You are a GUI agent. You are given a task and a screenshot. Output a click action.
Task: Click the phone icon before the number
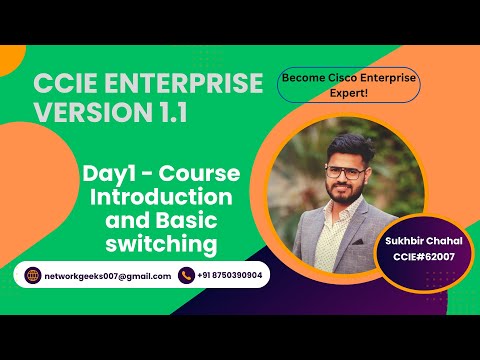[185, 276]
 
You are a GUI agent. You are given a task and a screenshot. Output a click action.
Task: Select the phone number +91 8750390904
[231, 276]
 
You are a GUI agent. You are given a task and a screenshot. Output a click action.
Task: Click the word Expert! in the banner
[350, 93]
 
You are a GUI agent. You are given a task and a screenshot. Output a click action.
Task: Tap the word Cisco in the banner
[339, 77]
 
